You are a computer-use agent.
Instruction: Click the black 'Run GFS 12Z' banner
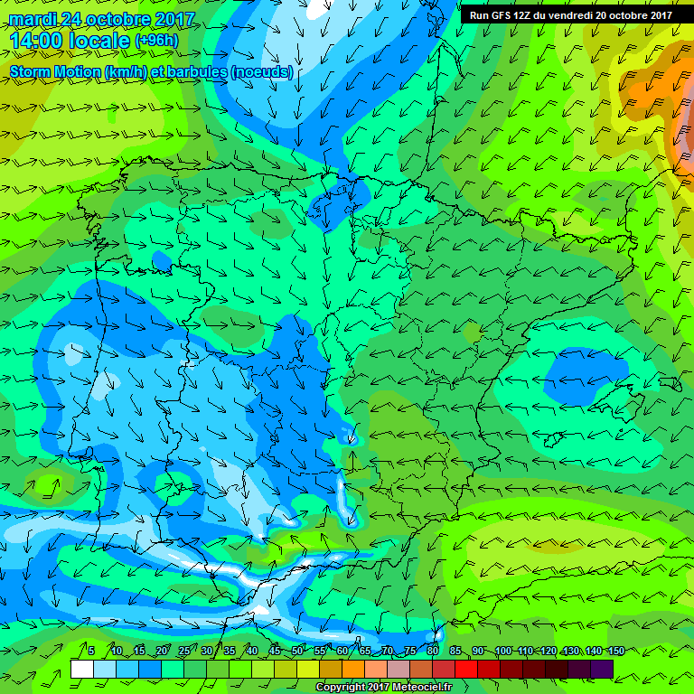click(570, 14)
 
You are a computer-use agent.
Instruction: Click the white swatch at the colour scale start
click(81, 669)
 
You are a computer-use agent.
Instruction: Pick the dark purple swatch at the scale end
click(602, 669)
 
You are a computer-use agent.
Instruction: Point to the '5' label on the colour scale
click(91, 651)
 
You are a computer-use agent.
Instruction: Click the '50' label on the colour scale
click(297, 651)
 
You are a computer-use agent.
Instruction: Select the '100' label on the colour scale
click(503, 651)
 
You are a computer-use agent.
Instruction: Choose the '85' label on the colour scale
click(455, 651)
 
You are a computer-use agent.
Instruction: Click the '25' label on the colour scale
click(184, 651)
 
